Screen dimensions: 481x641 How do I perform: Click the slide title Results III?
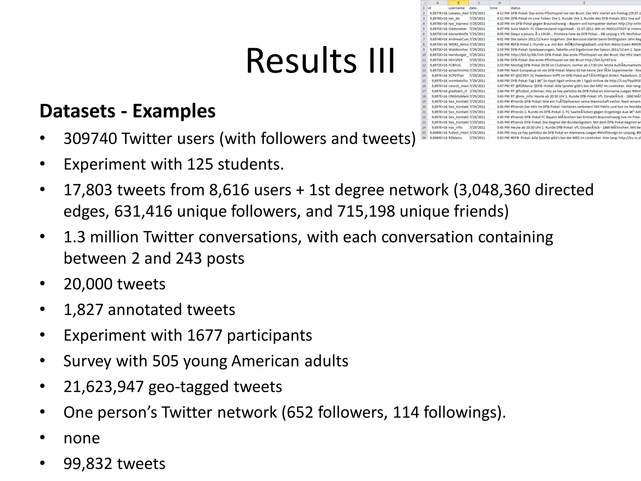[320, 60]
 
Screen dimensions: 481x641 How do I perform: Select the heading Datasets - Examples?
[127, 111]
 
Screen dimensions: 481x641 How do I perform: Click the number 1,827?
[83, 310]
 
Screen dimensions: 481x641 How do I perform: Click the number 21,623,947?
[103, 387]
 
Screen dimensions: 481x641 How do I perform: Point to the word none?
[82, 438]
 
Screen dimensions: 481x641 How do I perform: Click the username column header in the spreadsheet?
[456, 8]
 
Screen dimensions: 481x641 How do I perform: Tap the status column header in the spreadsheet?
[515, 8]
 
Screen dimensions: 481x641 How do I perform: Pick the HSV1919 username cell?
[455, 60]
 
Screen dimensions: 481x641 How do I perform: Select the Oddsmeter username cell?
[457, 29]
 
